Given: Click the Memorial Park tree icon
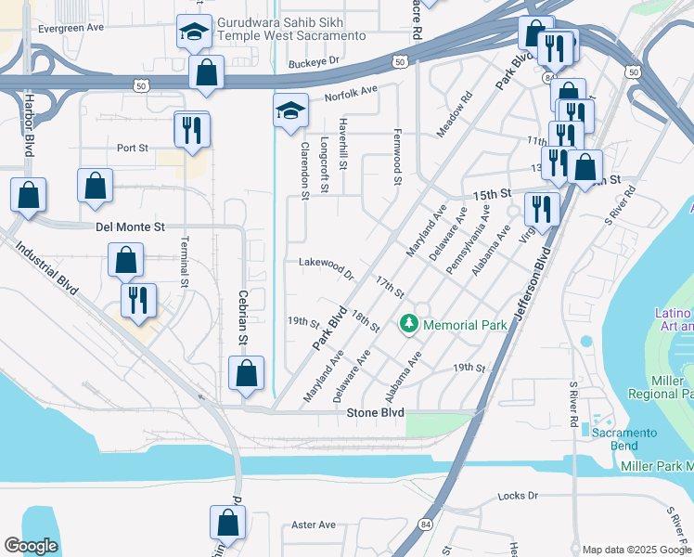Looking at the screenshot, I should tap(407, 324).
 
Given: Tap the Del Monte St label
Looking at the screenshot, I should tap(130, 227).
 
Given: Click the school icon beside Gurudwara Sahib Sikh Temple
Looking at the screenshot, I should tap(193, 33).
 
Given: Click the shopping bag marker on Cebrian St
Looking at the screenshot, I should tap(246, 373).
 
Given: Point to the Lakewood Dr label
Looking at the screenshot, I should tap(327, 268).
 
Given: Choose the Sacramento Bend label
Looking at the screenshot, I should tap(625, 438).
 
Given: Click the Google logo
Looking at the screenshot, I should tap(31, 546).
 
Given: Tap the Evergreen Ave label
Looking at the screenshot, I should tap(71, 29).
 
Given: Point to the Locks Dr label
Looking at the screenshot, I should tap(518, 497).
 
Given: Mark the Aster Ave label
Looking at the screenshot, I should tap(313, 525).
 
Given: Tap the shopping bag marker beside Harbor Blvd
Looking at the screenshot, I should tap(28, 196).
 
